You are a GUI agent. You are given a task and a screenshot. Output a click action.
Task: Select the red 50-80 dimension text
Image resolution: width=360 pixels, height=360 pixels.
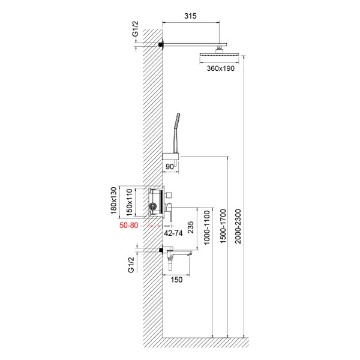coord(131,225)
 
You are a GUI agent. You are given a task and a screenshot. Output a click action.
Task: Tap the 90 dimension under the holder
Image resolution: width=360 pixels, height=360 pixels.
coord(170,165)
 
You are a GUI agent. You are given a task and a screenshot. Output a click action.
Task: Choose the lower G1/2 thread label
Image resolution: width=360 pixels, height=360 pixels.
coord(131,263)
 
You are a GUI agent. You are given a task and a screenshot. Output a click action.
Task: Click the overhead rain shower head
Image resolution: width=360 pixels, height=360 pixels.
coord(220,55)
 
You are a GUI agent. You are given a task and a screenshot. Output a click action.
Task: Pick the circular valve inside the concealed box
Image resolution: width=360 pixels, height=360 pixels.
coord(153,208)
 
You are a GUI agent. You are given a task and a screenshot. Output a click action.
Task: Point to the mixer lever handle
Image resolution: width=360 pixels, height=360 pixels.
coord(169,212)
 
